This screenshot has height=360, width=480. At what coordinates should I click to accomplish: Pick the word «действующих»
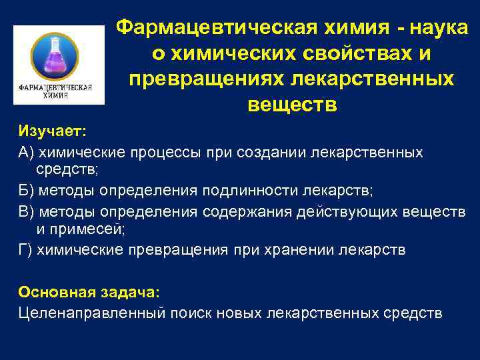point(349,211)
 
